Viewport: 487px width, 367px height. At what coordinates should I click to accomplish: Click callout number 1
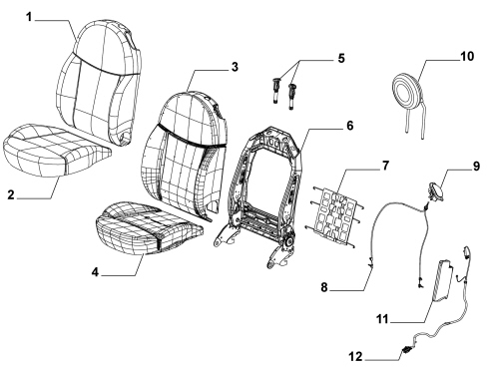click(30, 17)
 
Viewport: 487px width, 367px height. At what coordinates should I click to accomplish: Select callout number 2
click(11, 194)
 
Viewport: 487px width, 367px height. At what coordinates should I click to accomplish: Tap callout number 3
click(235, 67)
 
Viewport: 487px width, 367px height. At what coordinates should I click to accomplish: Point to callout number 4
click(96, 272)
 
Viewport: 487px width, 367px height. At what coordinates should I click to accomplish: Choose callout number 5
click(341, 58)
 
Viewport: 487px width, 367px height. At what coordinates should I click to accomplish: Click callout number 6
click(349, 126)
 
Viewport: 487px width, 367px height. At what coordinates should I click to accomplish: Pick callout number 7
click(385, 166)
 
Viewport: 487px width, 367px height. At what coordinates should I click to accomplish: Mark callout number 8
click(324, 287)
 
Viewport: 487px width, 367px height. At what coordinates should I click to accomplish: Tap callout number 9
click(476, 166)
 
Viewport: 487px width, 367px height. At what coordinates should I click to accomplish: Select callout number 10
click(467, 56)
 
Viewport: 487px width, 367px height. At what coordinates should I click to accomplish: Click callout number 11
click(382, 319)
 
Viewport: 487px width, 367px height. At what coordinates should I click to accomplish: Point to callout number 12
click(355, 357)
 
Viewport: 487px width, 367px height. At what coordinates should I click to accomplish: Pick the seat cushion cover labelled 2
click(57, 150)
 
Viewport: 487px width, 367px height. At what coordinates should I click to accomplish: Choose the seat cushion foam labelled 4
click(149, 227)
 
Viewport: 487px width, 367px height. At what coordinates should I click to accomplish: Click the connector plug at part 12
click(406, 349)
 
